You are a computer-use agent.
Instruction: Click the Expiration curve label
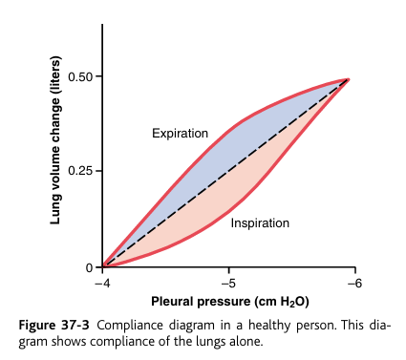click(x=180, y=134)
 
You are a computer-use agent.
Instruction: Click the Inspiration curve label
click(x=260, y=224)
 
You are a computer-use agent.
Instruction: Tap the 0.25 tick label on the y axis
click(x=83, y=172)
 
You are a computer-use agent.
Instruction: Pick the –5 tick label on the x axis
click(x=227, y=284)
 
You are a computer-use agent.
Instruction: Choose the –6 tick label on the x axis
click(x=353, y=284)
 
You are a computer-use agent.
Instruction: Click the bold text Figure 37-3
click(x=56, y=325)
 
